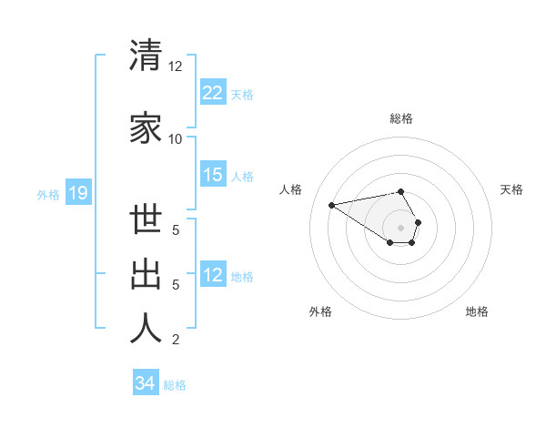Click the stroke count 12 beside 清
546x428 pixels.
point(175,67)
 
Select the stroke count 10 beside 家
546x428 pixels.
point(175,139)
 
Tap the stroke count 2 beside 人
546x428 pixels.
point(175,341)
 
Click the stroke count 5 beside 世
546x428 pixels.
point(175,229)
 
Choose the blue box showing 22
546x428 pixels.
point(213,93)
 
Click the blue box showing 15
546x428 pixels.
point(213,175)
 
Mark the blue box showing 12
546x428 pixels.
point(213,275)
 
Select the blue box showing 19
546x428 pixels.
point(77,193)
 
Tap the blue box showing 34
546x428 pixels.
point(146,383)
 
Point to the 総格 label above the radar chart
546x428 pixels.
point(401,118)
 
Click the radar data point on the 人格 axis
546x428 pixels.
point(332,204)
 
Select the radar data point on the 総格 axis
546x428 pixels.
point(401,191)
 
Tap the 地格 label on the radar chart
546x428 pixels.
point(477,312)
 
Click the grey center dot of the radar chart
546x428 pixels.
point(401,227)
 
